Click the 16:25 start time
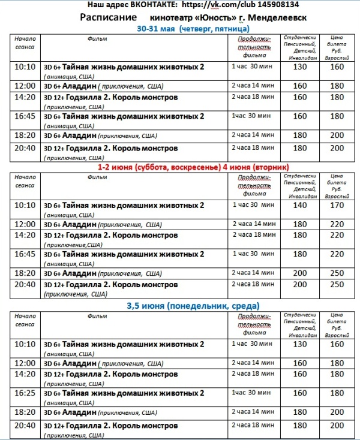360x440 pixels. point(25,393)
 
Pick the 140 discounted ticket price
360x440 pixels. point(299,206)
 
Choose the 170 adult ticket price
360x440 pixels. point(337,206)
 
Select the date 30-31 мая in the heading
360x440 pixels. point(157,28)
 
